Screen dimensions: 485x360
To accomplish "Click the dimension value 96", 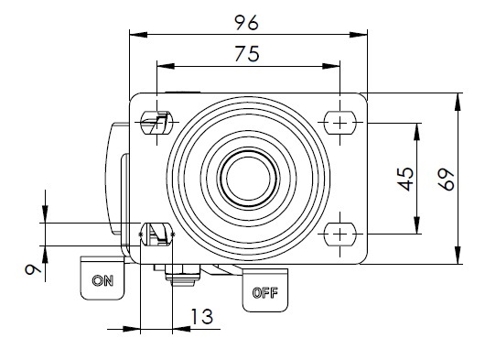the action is [x=246, y=23].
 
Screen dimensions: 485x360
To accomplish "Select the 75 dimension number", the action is [x=247, y=53].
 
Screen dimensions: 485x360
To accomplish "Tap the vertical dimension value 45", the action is [x=405, y=179].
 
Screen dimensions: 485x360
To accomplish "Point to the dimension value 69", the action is [x=447, y=180].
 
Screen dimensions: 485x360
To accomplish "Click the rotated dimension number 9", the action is [x=33, y=270].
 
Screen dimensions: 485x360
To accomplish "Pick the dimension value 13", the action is [x=202, y=316].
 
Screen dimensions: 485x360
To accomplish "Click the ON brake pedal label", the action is [x=102, y=280].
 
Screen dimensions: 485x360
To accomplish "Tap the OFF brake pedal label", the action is [x=265, y=293].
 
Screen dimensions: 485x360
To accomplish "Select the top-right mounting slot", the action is [x=339, y=123].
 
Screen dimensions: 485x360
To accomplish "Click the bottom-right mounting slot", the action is [x=339, y=235].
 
